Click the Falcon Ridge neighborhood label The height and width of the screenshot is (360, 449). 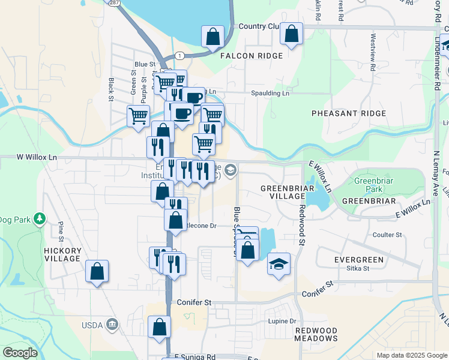(x=252, y=56)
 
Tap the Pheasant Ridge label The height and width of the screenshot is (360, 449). (x=349, y=113)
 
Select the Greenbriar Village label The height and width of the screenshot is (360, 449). (x=283, y=192)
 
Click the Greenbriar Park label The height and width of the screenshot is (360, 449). (x=373, y=185)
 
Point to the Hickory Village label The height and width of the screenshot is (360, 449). (x=62, y=254)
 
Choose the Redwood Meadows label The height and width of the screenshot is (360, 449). (x=316, y=335)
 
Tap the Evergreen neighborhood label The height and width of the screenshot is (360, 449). (x=358, y=260)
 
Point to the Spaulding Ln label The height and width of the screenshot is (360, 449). (x=270, y=94)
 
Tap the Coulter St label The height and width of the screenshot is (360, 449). (x=388, y=235)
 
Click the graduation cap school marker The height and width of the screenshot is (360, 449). (x=279, y=264)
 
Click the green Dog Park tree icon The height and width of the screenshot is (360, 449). (x=40, y=218)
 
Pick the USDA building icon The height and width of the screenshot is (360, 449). (x=112, y=325)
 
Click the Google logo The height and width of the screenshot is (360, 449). (x=20, y=353)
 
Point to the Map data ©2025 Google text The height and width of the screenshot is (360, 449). (x=411, y=355)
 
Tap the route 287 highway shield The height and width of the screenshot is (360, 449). (x=113, y=2)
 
